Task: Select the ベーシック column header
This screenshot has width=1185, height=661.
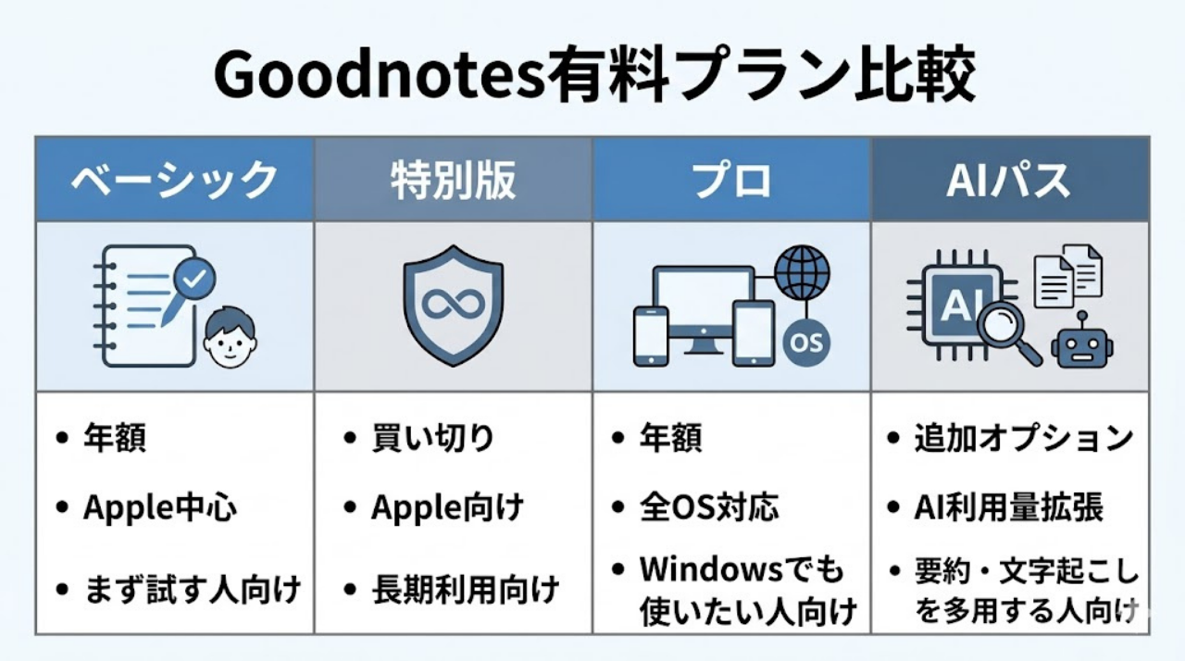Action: (175, 180)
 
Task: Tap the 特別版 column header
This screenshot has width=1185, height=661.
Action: (453, 180)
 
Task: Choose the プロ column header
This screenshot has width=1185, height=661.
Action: (731, 180)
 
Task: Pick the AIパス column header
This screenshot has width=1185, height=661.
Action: (1009, 180)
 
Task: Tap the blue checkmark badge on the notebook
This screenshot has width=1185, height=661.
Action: (196, 275)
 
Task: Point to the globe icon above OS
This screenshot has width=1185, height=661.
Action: (802, 272)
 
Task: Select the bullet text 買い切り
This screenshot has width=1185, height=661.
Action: (433, 437)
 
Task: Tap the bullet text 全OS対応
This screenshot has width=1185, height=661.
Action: (709, 507)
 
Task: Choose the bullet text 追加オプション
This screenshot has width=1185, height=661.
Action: (1023, 437)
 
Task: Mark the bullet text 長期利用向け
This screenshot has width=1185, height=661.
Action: (466, 588)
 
